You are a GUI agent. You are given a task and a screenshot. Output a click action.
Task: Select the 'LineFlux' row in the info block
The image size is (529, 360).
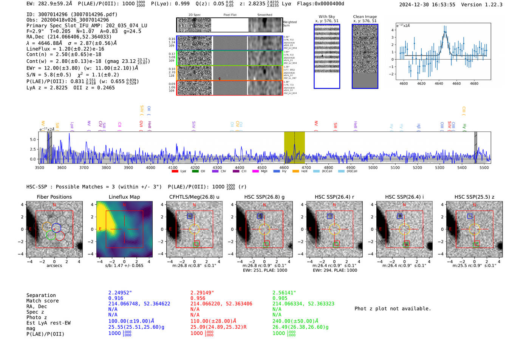[65, 49]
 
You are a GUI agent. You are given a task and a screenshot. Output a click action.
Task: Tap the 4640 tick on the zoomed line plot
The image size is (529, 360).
[439, 83]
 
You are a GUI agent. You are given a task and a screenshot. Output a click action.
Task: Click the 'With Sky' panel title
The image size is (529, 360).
[327, 17]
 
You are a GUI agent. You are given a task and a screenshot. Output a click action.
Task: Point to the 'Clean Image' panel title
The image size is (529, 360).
[365, 17]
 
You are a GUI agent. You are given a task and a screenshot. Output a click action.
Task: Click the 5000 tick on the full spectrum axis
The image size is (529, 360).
[373, 167]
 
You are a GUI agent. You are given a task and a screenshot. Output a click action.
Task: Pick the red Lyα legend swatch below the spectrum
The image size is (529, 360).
[175, 171]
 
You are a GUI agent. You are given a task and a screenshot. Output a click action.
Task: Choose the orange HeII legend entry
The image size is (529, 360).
[295, 171]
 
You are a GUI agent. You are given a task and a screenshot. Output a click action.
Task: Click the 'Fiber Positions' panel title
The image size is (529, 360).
[54, 197]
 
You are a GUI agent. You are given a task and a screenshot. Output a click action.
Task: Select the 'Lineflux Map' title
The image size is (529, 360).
[124, 197]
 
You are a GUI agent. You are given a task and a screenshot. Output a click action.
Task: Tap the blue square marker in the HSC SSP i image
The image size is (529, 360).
[400, 216]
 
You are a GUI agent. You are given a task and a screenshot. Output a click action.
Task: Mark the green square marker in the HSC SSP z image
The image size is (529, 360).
[477, 244]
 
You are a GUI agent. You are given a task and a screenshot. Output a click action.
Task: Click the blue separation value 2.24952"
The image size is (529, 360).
[120, 293]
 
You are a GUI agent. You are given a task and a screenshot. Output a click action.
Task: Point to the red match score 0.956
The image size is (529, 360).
[198, 298]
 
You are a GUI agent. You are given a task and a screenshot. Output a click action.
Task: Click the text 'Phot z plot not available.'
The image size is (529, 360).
[393, 309]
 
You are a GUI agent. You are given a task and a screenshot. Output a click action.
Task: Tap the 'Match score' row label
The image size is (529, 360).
[43, 301]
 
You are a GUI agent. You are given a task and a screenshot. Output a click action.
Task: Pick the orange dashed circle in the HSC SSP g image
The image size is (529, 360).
[264, 229]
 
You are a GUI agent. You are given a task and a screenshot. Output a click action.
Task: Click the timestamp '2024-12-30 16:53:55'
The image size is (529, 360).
[427, 5]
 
